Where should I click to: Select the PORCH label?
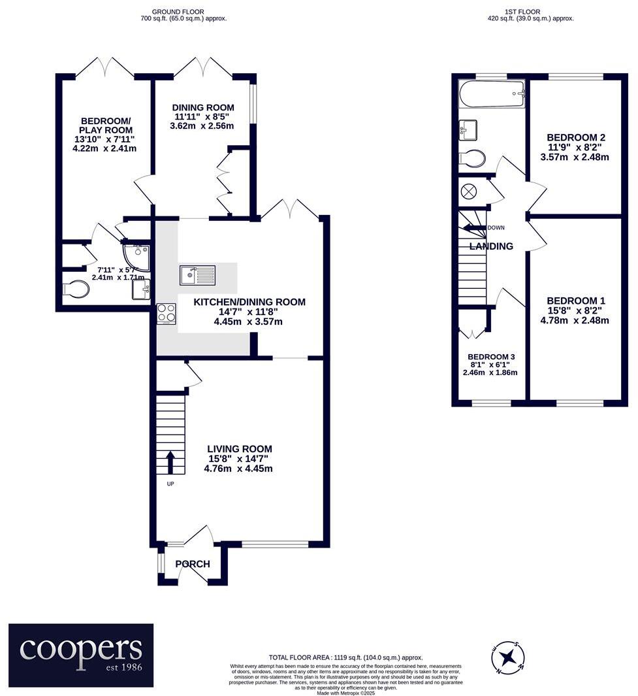pyautogui.click(x=193, y=564)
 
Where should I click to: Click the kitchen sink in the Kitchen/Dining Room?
pyautogui.click(x=198, y=275)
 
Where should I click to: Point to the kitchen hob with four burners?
pyautogui.click(x=167, y=314)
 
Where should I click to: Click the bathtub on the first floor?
pyautogui.click(x=492, y=94)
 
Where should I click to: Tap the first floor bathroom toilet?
pyautogui.click(x=473, y=158)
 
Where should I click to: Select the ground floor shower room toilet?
pyautogui.click(x=78, y=289)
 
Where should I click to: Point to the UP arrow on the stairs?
pyautogui.click(x=171, y=462)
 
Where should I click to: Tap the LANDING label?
pyautogui.click(x=491, y=246)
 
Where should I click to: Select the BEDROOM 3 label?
pyautogui.click(x=491, y=356)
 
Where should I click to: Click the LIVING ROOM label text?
pyautogui.click(x=239, y=449)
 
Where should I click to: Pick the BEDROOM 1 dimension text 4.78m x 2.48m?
pyautogui.click(x=575, y=320)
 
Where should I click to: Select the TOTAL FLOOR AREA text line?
pyautogui.click(x=345, y=657)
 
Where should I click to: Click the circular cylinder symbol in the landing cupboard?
pyautogui.click(x=469, y=191)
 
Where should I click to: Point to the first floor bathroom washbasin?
pyautogui.click(x=468, y=129)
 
